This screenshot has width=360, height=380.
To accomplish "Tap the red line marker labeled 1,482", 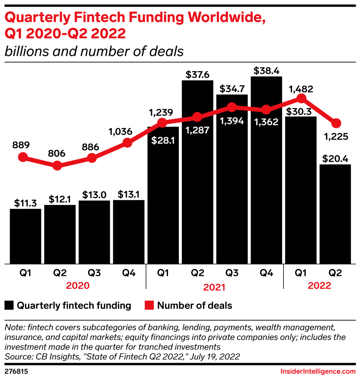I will click(301, 98).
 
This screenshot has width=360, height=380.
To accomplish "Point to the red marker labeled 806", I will click(57, 165).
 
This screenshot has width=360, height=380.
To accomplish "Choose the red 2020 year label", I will click(78, 285).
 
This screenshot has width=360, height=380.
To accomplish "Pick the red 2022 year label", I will click(319, 285).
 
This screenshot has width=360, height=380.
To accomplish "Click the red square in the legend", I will click(149, 305).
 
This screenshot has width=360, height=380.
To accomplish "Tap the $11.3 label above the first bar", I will click(25, 203).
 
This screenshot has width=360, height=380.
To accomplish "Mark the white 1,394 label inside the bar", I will click(232, 121).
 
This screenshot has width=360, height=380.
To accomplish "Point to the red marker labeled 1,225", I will click(335, 124).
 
